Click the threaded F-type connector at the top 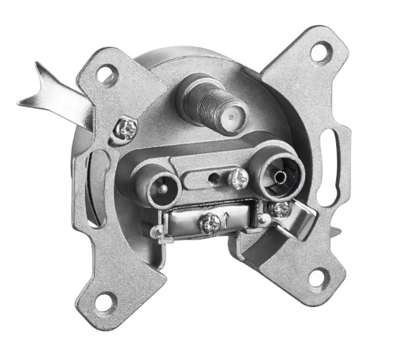pyautogui.click(x=201, y=103)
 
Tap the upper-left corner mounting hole pyautogui.click(x=106, y=75)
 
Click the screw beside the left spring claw pyautogui.click(x=125, y=130)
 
